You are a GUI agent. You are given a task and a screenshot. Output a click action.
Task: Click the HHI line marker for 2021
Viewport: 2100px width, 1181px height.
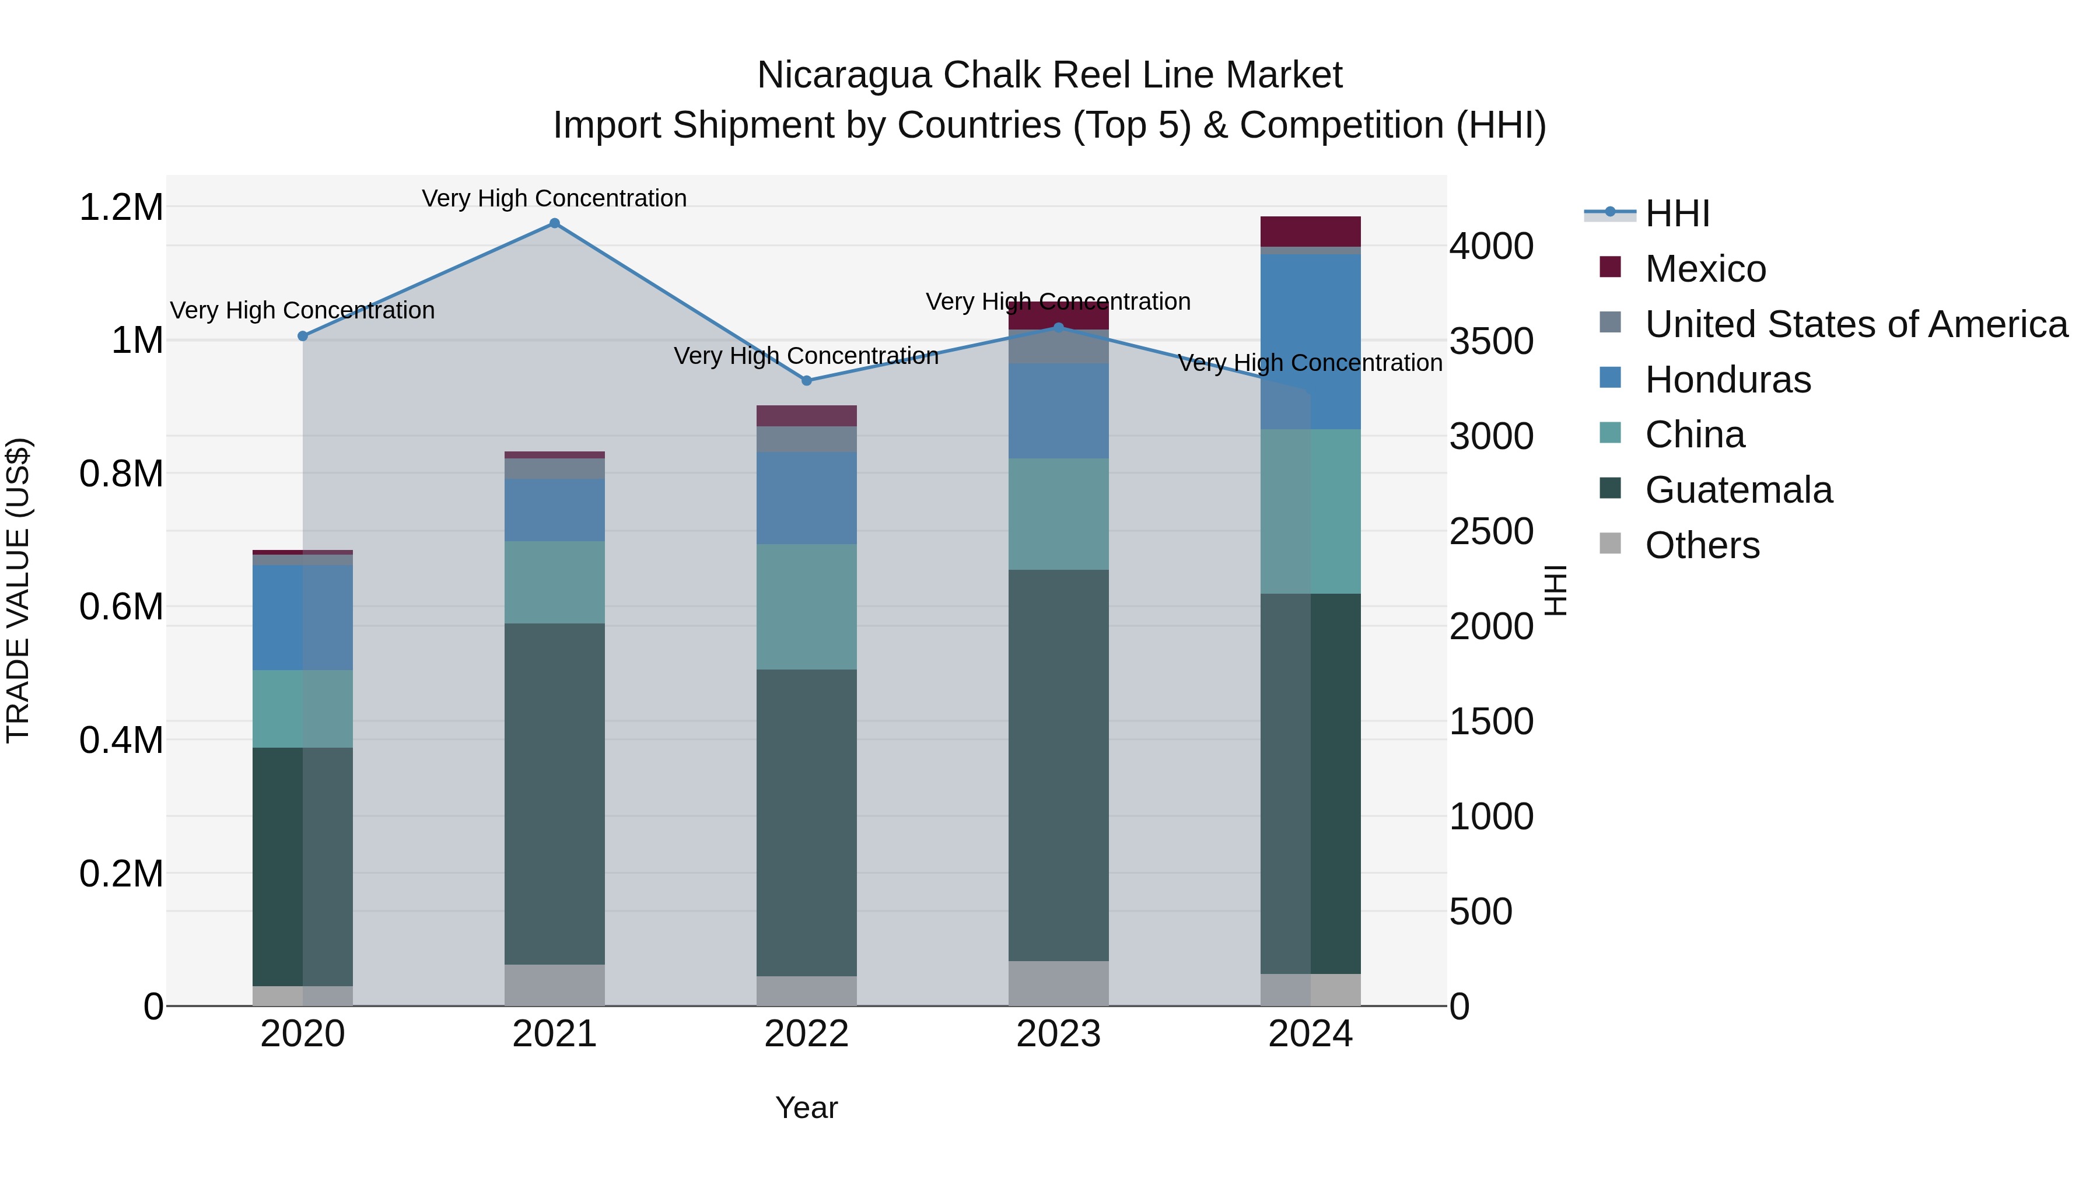coord(554,223)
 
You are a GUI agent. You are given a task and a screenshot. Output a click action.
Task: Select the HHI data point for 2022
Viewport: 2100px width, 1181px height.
coord(806,381)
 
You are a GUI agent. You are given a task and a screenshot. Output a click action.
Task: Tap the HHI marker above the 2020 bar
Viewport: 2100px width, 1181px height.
coord(302,336)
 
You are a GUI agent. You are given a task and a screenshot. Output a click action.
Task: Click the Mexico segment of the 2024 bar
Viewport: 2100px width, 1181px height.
coord(1310,232)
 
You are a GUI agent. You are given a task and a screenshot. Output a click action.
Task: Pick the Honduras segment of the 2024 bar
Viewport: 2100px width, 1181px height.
coord(1310,342)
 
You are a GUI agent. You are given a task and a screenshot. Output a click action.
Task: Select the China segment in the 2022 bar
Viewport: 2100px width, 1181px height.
coord(806,607)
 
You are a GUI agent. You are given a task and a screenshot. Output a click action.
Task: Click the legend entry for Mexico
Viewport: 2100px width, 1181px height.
coord(1704,269)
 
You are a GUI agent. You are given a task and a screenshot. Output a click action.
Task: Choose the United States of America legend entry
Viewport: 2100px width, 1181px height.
coord(1856,324)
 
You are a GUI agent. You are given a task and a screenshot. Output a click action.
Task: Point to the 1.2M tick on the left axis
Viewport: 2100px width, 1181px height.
coord(121,207)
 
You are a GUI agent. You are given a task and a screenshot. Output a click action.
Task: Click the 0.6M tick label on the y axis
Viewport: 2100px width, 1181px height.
coord(121,607)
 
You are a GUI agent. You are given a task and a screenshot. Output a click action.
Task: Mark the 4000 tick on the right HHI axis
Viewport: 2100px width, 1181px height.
coord(1491,246)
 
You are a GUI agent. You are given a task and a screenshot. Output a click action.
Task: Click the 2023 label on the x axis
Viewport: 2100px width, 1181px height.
coord(1058,1034)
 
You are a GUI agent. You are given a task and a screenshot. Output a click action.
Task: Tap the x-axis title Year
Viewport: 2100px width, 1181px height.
coord(806,1108)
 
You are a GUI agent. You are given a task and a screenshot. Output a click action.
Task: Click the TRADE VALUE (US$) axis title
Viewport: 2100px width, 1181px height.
coord(19,590)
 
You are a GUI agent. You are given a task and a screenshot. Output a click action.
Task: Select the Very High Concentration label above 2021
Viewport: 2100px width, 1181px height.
coord(554,198)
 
